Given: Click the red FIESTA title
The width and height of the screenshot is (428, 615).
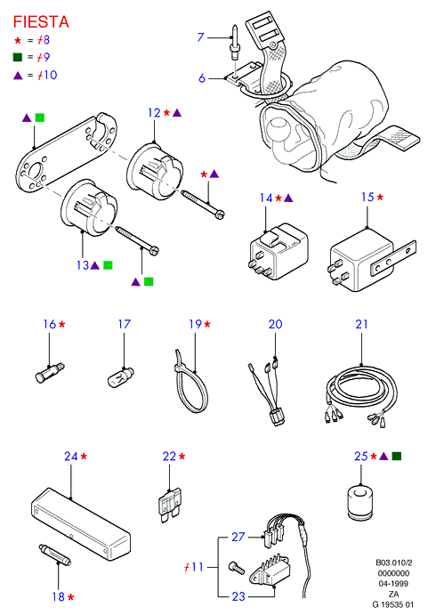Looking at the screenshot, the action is [x=41, y=21].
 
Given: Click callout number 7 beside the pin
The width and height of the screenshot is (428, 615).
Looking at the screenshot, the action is [x=201, y=37].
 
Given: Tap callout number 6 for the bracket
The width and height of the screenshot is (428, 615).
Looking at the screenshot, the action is [x=202, y=78].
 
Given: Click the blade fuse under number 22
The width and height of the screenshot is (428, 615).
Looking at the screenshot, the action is [x=169, y=506].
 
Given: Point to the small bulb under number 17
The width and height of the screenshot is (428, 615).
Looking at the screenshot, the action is [x=120, y=376].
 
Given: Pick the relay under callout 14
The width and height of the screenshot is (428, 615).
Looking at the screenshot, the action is [x=279, y=251].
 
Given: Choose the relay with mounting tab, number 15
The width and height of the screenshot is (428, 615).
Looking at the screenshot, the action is [x=371, y=260].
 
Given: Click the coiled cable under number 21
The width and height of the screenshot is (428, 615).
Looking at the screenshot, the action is [x=361, y=397].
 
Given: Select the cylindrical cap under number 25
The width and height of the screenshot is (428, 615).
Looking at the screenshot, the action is [x=359, y=503].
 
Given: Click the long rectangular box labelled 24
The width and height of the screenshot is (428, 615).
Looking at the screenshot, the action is [x=80, y=523].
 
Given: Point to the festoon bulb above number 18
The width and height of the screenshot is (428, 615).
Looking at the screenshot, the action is [x=55, y=554].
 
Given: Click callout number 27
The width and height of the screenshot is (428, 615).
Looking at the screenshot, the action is [x=238, y=536].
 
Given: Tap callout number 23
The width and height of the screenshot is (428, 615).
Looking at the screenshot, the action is [x=238, y=596].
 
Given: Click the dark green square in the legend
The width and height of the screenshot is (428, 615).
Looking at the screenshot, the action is [x=18, y=57].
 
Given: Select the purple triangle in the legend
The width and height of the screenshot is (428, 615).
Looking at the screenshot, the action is [x=18, y=76].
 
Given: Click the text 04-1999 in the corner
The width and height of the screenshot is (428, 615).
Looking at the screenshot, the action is [x=393, y=584].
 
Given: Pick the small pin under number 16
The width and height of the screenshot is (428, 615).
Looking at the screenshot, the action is [x=50, y=373].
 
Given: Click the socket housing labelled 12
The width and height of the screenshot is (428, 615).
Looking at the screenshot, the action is [x=155, y=172].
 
